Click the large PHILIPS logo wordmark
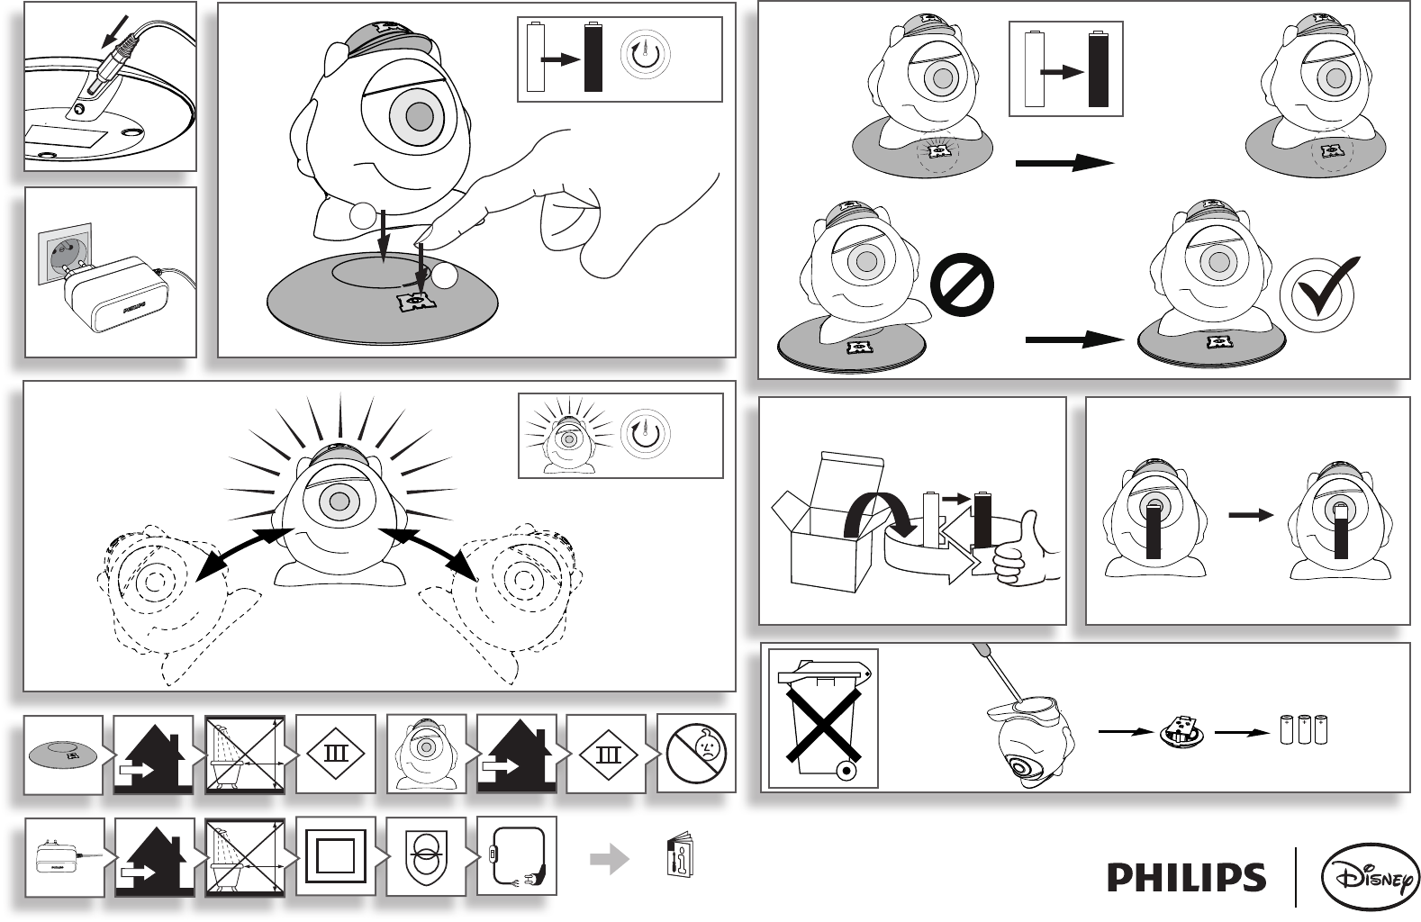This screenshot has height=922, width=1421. [1186, 877]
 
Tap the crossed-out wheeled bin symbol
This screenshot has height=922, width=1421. [823, 718]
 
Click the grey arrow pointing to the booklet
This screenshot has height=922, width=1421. [610, 859]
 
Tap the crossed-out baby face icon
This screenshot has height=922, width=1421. [697, 754]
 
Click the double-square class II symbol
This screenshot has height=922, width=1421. [335, 857]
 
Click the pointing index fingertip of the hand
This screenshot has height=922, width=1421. [420, 238]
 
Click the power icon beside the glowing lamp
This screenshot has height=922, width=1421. [645, 434]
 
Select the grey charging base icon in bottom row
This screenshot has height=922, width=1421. [62, 753]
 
